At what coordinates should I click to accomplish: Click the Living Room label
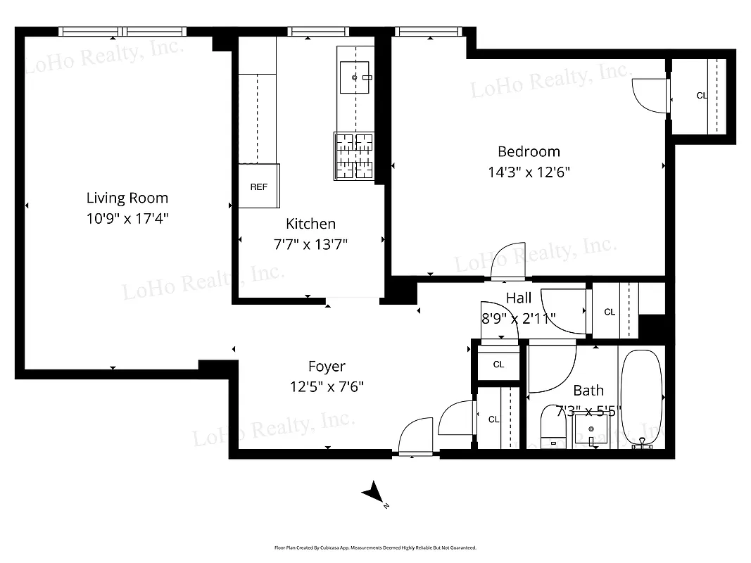click(x=127, y=198)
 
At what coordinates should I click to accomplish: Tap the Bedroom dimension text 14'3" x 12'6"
click(x=529, y=172)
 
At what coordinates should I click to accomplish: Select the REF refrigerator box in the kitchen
click(x=259, y=186)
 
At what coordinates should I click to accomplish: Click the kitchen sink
click(x=355, y=77)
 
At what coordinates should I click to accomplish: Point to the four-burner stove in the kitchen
click(x=353, y=156)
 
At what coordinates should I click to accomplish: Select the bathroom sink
click(x=591, y=429)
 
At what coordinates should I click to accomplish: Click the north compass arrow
click(x=372, y=493)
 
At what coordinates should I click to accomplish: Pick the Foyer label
click(x=327, y=367)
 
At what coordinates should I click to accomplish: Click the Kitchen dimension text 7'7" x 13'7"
click(x=310, y=244)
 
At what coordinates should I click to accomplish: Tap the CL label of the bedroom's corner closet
click(x=701, y=96)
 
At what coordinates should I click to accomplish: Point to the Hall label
click(x=519, y=298)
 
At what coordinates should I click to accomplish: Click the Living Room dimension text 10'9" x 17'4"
click(x=127, y=218)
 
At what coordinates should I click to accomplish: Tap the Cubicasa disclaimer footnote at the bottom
click(x=375, y=548)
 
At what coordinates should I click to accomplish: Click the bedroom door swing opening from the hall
click(x=508, y=260)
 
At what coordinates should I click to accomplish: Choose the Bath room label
click(x=588, y=391)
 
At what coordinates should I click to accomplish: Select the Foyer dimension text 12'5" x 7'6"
click(x=327, y=386)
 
